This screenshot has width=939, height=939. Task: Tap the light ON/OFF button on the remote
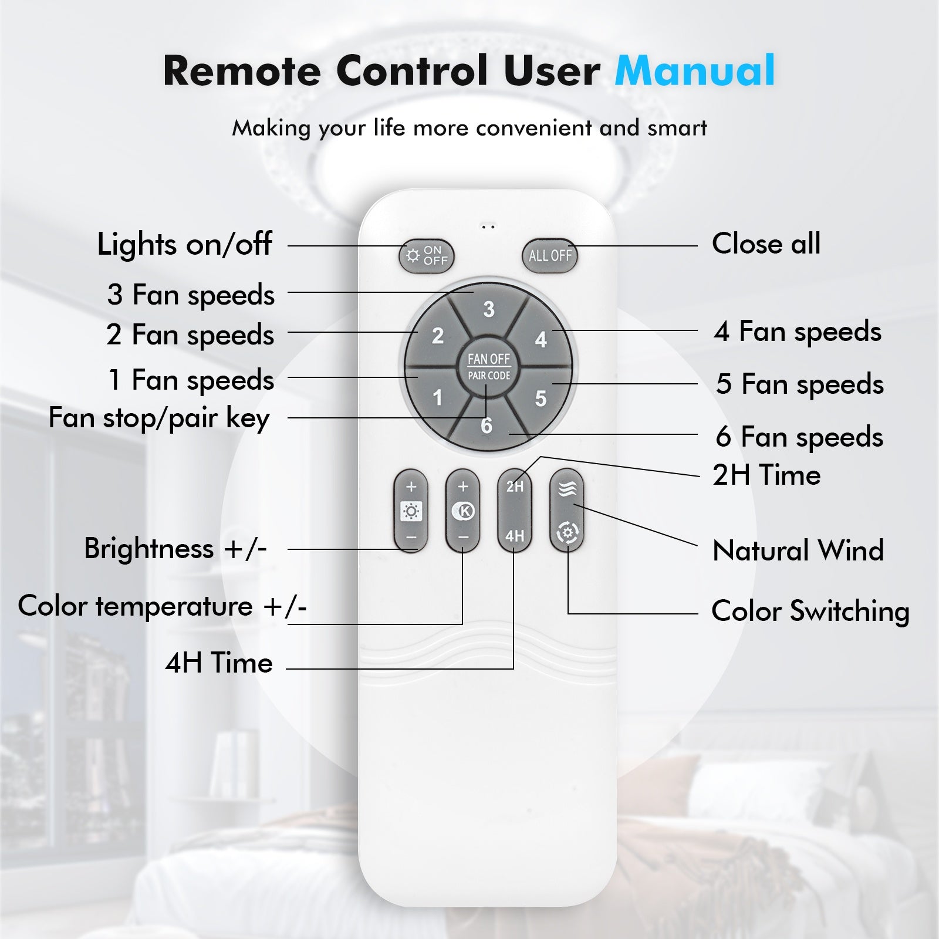(427, 256)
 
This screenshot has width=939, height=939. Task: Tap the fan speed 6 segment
(487, 424)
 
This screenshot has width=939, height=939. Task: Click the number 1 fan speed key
(437, 397)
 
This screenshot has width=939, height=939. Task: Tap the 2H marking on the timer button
(515, 487)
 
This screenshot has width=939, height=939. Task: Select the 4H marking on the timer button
(515, 535)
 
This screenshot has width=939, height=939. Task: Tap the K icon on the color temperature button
(463, 511)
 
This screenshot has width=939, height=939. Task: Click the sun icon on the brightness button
(411, 512)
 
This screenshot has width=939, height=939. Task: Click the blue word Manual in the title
(695, 70)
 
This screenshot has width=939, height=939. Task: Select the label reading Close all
(766, 243)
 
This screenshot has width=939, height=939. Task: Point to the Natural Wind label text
(798, 550)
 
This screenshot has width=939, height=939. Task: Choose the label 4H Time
(219, 663)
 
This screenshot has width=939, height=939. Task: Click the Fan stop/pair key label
(159, 418)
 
